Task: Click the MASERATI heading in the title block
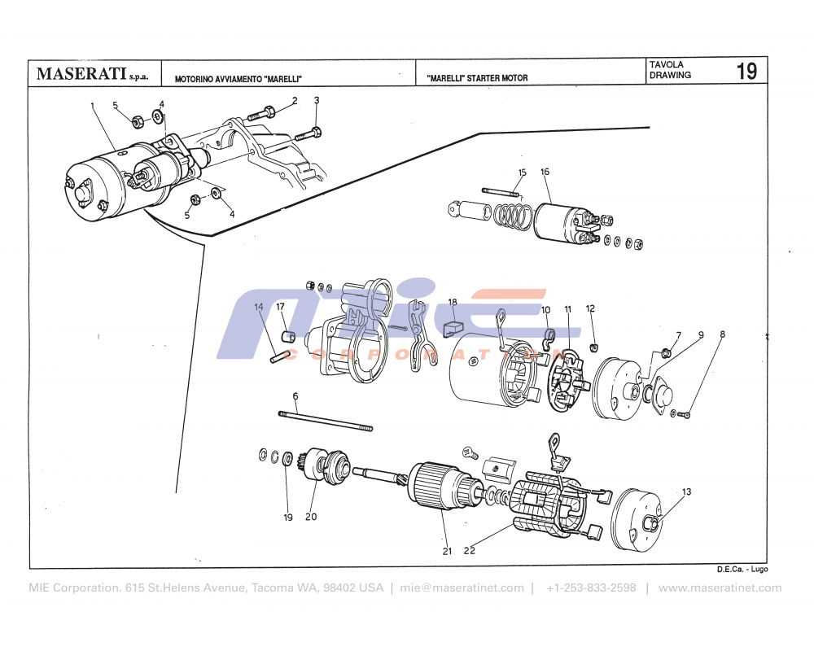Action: [81, 74]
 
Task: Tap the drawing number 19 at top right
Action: [746, 72]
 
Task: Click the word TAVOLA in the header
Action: [667, 64]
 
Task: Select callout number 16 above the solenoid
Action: [545, 172]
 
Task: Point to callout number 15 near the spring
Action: [522, 173]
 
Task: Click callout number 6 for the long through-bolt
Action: [295, 395]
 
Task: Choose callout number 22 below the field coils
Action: [470, 550]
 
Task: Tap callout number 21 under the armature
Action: [446, 551]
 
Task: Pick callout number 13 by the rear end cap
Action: [686, 492]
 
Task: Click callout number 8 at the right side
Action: [721, 334]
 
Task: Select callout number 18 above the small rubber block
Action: [452, 302]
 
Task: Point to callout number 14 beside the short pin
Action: [259, 307]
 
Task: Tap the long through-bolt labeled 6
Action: [326, 421]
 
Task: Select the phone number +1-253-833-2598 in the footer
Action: [591, 588]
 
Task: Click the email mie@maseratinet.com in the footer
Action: [462, 588]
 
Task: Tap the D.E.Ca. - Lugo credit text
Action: [742, 570]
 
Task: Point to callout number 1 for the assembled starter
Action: [93, 105]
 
